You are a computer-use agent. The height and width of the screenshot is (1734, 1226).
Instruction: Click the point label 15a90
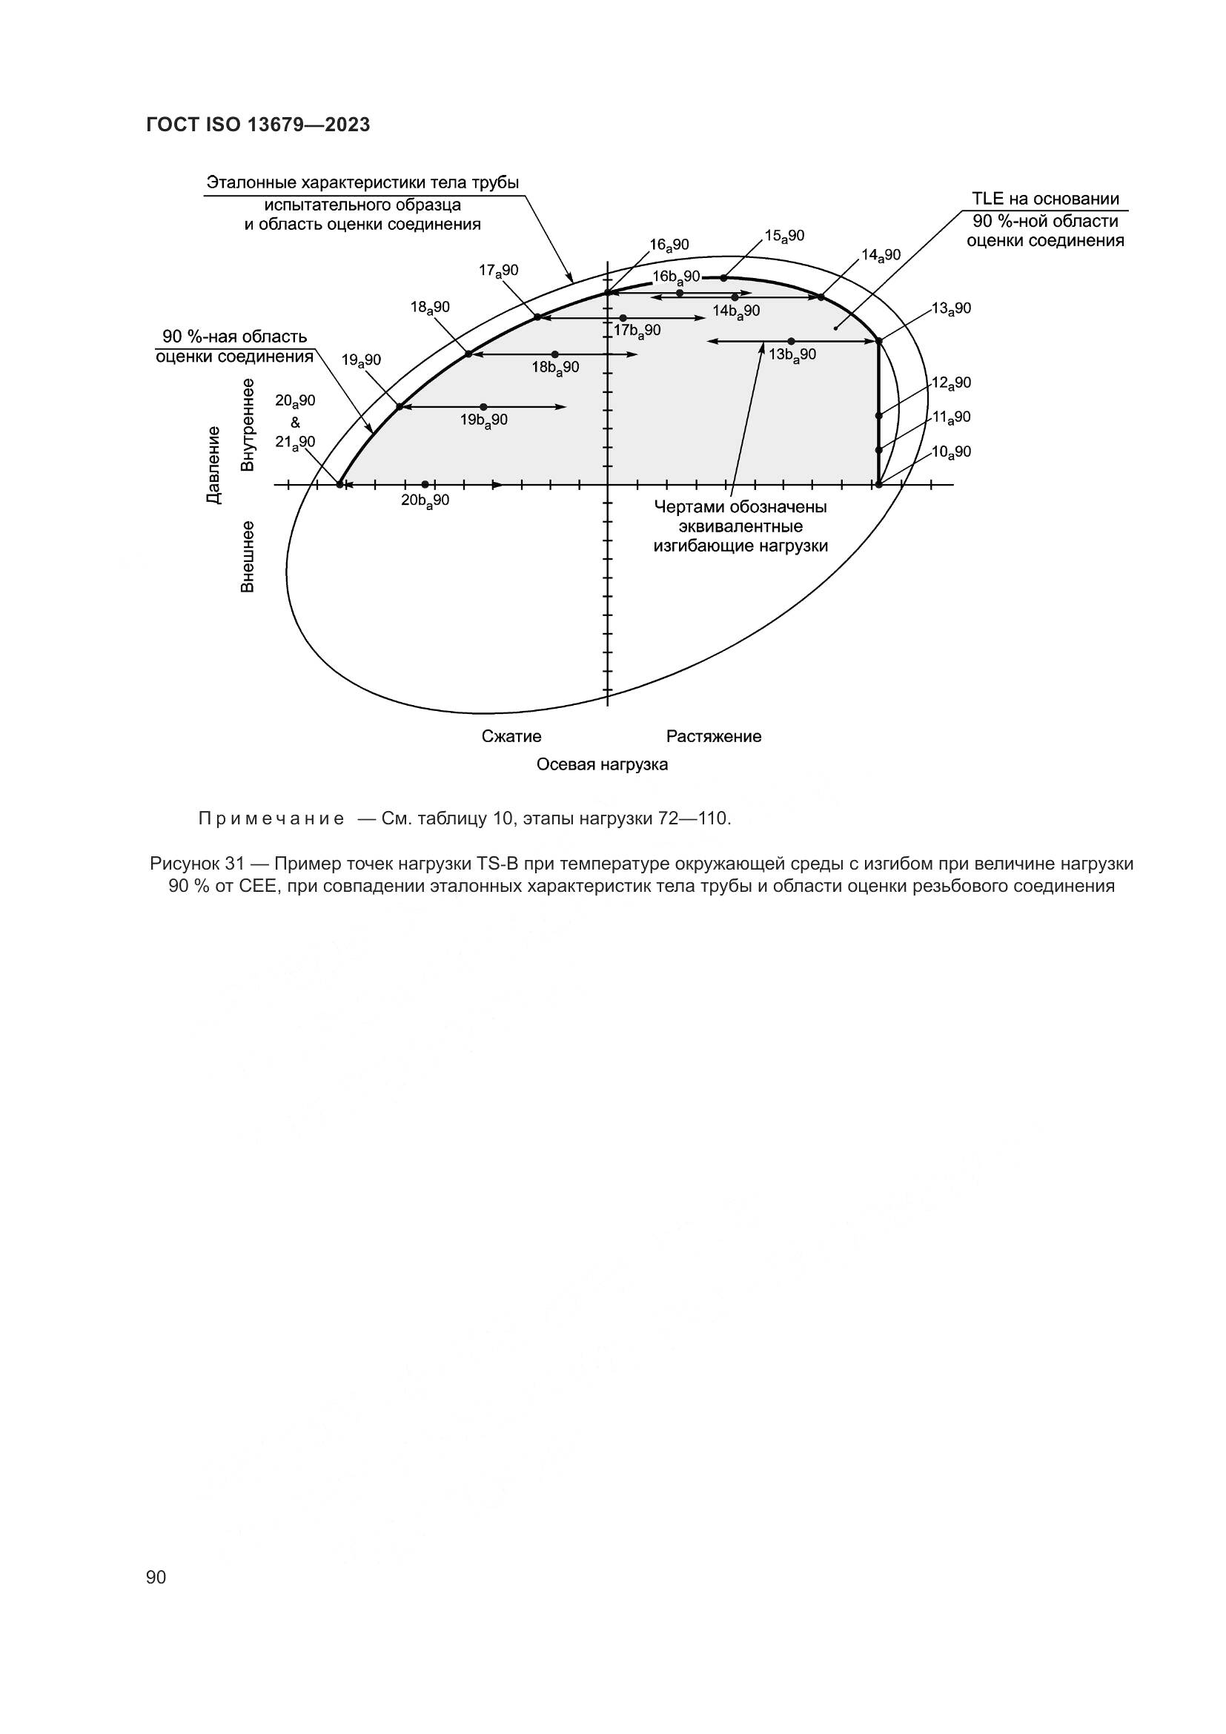784,236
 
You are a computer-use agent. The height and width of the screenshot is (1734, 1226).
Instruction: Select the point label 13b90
792,354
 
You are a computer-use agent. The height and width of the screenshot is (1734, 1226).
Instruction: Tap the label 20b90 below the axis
425,500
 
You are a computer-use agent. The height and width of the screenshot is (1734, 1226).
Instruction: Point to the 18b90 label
555,368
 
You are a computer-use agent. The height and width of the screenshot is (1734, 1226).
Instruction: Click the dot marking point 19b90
484,407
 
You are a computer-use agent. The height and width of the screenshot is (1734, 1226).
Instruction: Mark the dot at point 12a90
879,415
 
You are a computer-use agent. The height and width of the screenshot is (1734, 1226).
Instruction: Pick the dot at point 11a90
879,450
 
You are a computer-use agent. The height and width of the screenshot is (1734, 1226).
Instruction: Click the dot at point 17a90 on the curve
537,317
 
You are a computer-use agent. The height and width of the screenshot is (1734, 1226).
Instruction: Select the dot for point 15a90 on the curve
723,278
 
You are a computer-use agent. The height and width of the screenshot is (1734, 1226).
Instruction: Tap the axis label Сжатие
511,736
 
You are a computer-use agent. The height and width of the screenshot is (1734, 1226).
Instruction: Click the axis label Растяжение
713,736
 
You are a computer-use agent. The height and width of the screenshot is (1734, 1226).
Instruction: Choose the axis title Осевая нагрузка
602,764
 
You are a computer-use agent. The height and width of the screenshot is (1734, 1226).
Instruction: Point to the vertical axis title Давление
215,465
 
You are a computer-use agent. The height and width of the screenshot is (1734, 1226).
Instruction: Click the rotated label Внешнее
247,556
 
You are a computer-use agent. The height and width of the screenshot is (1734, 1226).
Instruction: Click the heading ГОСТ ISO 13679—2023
258,125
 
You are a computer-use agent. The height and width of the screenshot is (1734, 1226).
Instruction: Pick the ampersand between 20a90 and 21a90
295,422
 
